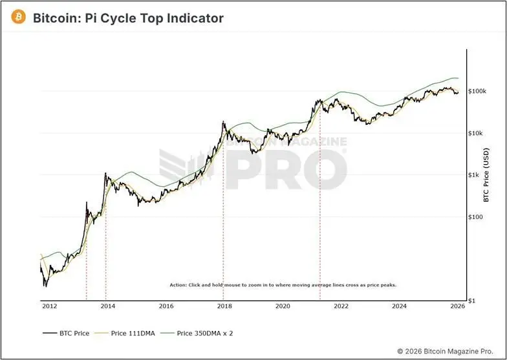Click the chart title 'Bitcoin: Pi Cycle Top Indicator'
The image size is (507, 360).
pyautogui.click(x=128, y=18)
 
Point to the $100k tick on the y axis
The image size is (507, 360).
pyautogui.click(x=477, y=91)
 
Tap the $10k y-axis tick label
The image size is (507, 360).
pyautogui.click(x=476, y=133)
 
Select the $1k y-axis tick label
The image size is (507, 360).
pyautogui.click(x=474, y=175)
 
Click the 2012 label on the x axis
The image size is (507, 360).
pyautogui.click(x=49, y=306)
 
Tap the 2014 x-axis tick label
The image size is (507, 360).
pyautogui.click(x=107, y=306)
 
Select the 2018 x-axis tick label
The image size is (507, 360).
pyautogui.click(x=224, y=306)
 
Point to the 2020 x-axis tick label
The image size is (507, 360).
pyautogui.click(x=283, y=306)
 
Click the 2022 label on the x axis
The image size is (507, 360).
pyautogui.click(x=341, y=306)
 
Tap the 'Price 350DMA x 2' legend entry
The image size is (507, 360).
pyautogui.click(x=202, y=334)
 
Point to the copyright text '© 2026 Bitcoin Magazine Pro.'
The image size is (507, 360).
pyautogui.click(x=448, y=350)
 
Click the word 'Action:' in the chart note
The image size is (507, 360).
pyautogui.click(x=177, y=285)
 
